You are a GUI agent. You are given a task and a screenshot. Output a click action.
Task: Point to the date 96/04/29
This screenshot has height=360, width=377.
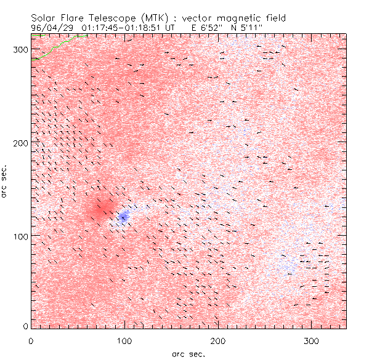[51, 27]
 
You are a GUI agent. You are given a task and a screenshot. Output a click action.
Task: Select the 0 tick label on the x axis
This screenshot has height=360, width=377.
[31, 340]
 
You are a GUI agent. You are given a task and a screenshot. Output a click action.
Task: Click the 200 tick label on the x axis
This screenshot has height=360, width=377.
[217, 340]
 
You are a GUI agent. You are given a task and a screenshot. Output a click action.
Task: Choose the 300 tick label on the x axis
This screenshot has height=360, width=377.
[311, 340]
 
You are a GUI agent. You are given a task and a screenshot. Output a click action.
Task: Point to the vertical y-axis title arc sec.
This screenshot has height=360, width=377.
[6, 181]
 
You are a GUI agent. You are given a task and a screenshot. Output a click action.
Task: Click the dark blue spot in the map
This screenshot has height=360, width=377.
[124, 216]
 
